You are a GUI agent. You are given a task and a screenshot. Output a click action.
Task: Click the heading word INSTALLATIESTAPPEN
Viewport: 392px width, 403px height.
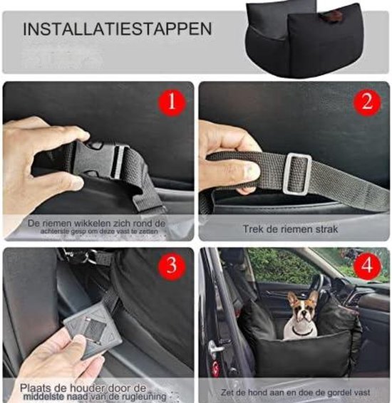coord(117,31)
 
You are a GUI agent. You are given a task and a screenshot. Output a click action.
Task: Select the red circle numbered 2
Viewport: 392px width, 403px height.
coord(366,102)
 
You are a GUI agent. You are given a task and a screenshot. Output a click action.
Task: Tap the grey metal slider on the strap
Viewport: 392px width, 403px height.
coord(297,173)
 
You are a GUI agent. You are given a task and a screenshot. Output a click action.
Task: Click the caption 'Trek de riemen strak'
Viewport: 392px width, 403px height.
coord(294,229)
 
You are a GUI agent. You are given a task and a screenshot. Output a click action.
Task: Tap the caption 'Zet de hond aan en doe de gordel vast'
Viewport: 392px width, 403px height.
coord(294,392)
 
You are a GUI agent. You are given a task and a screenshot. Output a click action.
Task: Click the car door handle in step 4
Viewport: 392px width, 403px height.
coord(213,348)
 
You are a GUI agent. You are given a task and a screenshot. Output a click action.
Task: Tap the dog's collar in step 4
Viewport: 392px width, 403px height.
coord(302,330)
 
